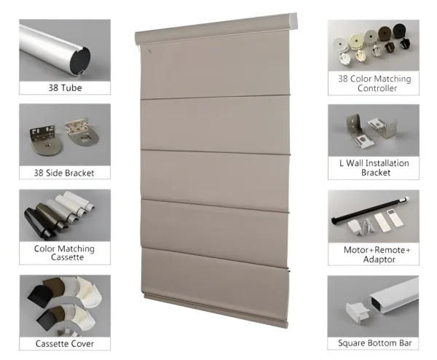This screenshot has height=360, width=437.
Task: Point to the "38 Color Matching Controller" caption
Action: [374, 83]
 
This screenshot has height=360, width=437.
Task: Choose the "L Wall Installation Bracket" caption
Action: [374, 168]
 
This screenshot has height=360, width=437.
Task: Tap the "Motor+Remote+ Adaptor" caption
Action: [374, 254]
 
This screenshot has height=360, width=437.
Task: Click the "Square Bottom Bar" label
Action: [374, 343]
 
